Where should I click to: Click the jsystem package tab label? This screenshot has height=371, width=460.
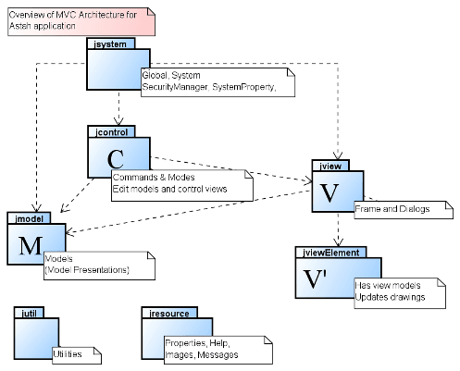click(110, 44)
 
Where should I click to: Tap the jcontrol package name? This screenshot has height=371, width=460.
click(111, 132)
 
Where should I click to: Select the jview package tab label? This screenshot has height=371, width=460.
click(330, 166)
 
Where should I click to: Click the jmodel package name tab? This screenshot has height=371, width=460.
click(29, 218)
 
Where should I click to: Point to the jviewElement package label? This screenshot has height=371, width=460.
click(331, 253)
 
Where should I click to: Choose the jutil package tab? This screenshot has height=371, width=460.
click(29, 314)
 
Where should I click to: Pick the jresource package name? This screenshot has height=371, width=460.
click(169, 314)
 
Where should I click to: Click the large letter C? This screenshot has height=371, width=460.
click(116, 159)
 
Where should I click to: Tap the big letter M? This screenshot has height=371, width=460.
click(31, 246)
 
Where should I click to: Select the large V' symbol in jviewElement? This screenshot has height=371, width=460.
click(315, 278)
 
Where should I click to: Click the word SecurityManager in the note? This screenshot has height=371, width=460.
click(175, 87)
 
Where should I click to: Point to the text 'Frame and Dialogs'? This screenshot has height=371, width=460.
click(392, 209)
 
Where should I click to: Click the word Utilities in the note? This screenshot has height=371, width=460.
click(68, 353)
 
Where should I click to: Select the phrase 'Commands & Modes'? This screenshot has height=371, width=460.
click(154, 178)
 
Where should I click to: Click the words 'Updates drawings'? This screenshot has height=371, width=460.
click(390, 297)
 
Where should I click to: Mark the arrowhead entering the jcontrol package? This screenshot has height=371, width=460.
click(118, 120)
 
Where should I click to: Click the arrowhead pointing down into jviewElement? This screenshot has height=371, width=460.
click(339, 241)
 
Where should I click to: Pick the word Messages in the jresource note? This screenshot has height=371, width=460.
click(218, 354)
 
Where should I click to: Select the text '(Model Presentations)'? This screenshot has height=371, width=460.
click(87, 270)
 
